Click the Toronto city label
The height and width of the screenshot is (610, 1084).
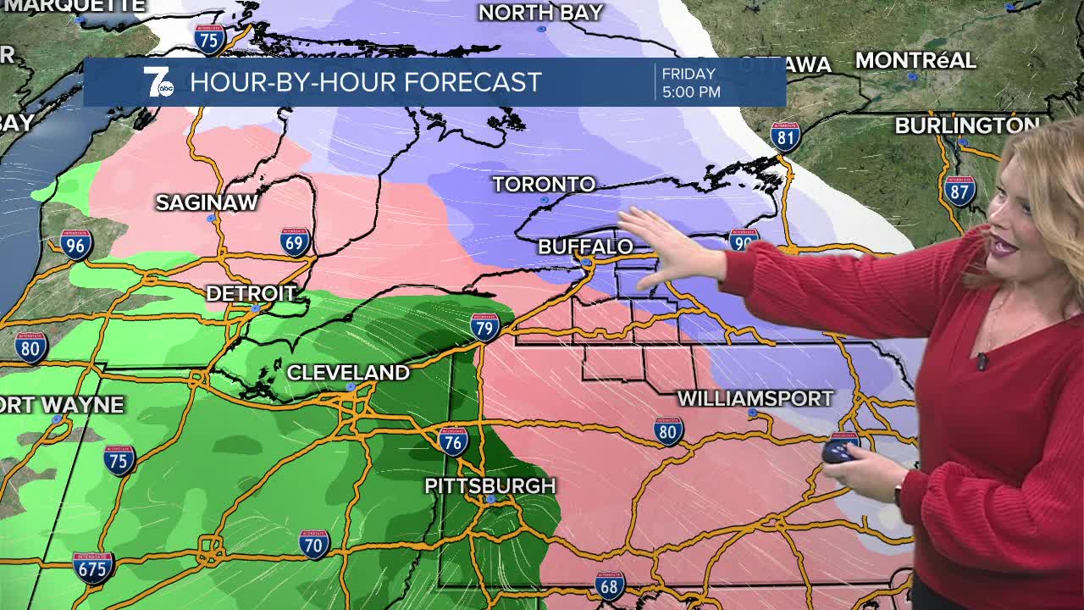[544, 184]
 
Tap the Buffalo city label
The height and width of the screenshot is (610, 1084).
[585, 247]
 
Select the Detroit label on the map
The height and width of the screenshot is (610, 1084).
[252, 293]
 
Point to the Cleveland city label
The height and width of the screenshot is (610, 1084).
[348, 372]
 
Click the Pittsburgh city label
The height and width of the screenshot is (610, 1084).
[489, 485]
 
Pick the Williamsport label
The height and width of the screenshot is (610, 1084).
[755, 398]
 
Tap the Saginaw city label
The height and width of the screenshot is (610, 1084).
[207, 202]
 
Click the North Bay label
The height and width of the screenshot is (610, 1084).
[540, 13]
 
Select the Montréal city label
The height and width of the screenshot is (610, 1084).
[915, 61]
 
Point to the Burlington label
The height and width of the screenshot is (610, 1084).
[966, 125]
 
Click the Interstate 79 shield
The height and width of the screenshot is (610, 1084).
[485, 326]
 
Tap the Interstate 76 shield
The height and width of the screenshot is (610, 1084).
[454, 441]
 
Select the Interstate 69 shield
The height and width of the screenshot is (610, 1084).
[295, 241]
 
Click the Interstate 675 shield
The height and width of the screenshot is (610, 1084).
[92, 567]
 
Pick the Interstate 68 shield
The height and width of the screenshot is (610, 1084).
[609, 585]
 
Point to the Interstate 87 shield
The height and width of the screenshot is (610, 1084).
[960, 191]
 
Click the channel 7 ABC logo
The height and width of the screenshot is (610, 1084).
[158, 82]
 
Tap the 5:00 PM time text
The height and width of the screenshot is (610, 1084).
[691, 91]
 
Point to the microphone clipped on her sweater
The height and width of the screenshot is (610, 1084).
[982, 361]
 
